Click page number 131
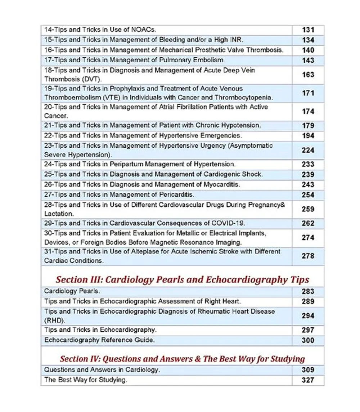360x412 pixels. click(x=308, y=30)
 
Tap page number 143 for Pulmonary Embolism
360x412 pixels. click(x=308, y=61)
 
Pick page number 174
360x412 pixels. click(x=308, y=112)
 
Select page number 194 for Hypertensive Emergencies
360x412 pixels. click(x=308, y=136)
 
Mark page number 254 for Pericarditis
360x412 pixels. click(x=308, y=195)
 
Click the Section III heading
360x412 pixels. click(x=183, y=279)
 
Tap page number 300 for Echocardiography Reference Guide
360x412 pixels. click(x=308, y=340)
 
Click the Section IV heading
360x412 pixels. click(x=183, y=359)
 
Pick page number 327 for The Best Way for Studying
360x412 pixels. click(x=308, y=380)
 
